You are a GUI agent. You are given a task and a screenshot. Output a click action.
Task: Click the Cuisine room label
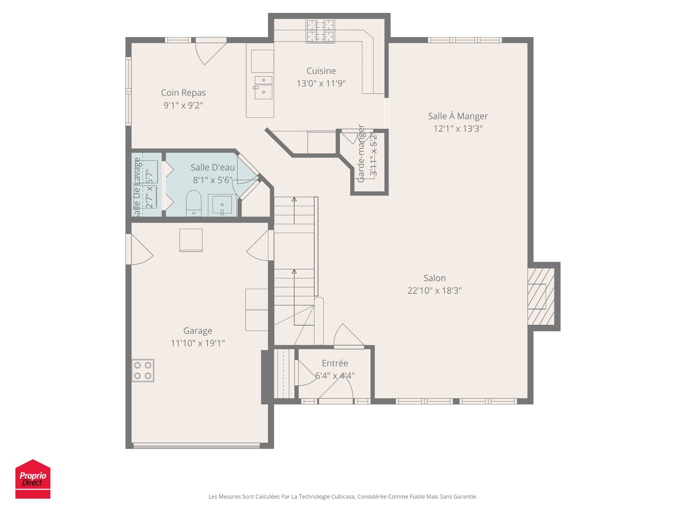point(321,71)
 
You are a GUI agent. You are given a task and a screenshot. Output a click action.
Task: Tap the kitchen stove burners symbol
point(320,31)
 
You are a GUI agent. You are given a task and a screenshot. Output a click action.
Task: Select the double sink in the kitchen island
point(263,87)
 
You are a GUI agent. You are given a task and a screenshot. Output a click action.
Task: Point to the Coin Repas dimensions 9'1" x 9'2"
point(183,105)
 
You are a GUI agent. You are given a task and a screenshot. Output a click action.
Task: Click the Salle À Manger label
point(458,116)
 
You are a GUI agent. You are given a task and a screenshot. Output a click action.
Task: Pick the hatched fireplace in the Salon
point(541,296)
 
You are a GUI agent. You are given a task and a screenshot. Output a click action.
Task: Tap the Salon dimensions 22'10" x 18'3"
point(434,291)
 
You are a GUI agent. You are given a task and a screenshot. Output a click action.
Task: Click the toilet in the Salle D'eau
point(194,204)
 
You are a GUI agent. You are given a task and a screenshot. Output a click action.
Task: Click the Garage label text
point(198,331)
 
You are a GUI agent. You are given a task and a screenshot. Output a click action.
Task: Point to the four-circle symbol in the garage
point(143,371)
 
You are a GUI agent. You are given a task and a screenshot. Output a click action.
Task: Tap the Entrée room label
point(335,363)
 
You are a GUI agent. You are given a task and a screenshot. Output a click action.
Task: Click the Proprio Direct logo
point(33,479)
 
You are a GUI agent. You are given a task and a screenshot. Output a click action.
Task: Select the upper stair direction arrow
point(294,200)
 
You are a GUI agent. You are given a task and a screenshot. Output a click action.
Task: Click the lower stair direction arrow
point(294,272)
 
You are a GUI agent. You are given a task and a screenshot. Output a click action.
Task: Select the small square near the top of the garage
point(191,240)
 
